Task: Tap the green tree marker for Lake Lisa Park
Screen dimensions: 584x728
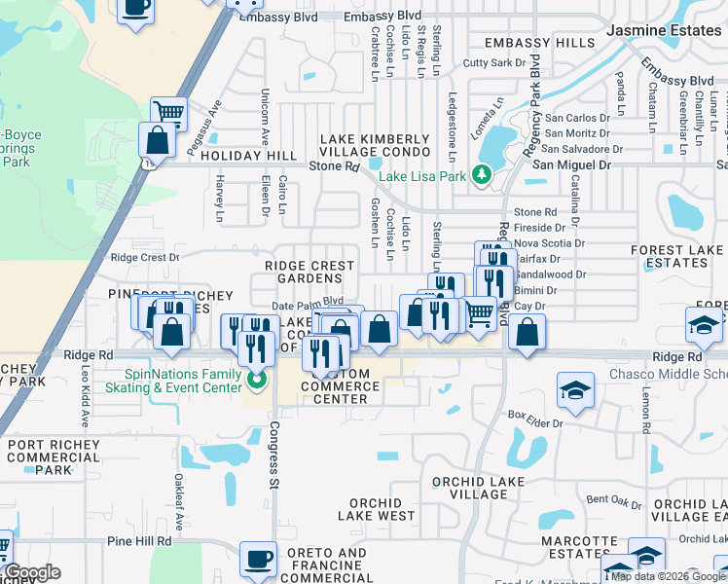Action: point(480,175)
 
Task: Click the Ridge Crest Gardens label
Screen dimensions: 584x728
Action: point(309,272)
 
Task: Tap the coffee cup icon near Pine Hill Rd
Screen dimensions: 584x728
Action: point(259,560)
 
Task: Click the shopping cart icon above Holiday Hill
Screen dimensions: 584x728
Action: point(169,112)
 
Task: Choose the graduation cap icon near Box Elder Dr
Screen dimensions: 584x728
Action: point(576,390)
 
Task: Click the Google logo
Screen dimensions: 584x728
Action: point(32,572)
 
